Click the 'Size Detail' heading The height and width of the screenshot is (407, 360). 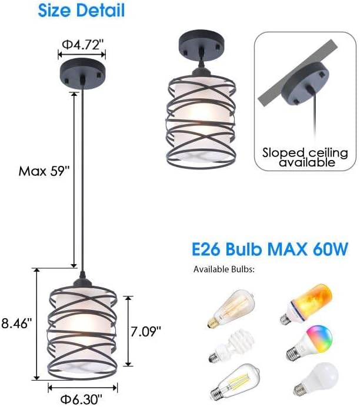(x=82, y=11)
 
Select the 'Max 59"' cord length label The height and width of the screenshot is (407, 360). (x=44, y=172)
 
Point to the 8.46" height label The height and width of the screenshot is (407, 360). (x=16, y=322)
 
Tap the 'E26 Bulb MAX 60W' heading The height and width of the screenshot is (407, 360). (x=269, y=249)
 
